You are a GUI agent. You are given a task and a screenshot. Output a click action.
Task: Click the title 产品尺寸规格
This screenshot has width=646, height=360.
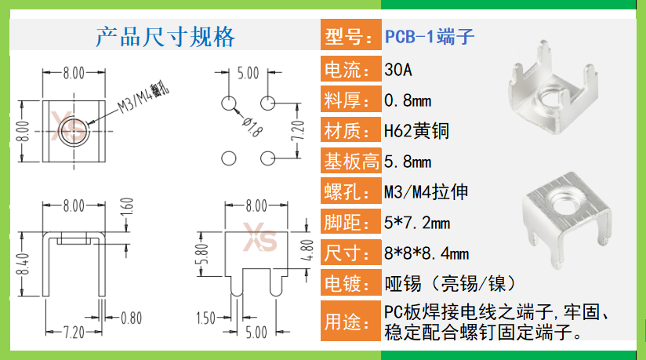[x=165, y=36]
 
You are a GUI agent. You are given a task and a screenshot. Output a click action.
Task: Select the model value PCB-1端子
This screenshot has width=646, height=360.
[x=430, y=37]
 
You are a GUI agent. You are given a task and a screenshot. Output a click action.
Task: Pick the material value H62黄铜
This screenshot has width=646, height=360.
[x=416, y=130]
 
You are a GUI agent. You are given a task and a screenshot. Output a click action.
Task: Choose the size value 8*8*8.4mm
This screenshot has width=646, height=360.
[x=426, y=253]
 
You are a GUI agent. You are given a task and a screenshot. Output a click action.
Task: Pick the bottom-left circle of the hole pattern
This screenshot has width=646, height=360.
[x=228, y=158]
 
